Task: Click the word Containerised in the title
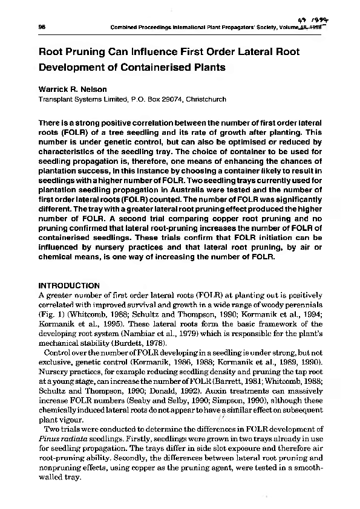[138, 67]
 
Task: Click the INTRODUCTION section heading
[69, 285]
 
